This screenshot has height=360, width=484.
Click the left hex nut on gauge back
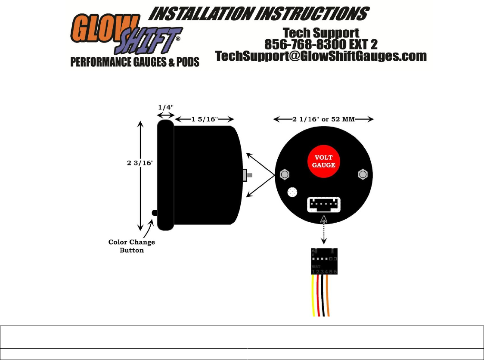(284, 174)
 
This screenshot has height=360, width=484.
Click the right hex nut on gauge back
(363, 174)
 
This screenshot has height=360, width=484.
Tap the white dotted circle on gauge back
(292, 192)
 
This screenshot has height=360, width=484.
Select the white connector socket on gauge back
(323, 204)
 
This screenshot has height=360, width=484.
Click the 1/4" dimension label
(165, 107)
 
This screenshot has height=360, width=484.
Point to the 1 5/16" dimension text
(205, 119)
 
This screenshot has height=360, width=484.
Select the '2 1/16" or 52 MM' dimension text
(323, 119)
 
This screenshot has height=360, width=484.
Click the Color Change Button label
(131, 246)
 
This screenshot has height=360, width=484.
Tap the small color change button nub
(154, 212)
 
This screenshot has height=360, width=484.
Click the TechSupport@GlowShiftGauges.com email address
(321, 56)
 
